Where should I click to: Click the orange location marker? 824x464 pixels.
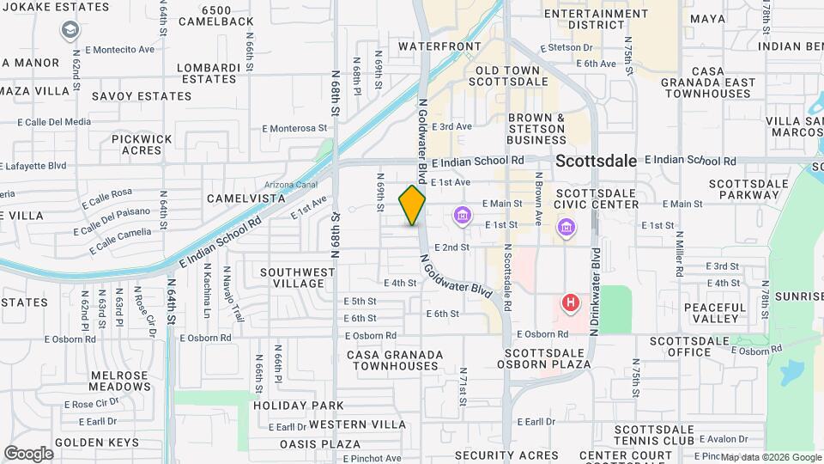412,205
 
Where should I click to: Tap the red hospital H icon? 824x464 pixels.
569,302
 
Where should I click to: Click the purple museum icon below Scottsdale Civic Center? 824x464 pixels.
566,227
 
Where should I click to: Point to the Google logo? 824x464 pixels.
28,453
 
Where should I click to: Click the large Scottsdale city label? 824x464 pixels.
596,161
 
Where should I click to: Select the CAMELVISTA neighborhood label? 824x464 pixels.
246,198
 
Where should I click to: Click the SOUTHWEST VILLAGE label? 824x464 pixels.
297,278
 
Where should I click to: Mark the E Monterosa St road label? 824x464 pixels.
295,129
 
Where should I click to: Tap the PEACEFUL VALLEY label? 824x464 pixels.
712,313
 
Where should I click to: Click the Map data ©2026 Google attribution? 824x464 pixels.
770,457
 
